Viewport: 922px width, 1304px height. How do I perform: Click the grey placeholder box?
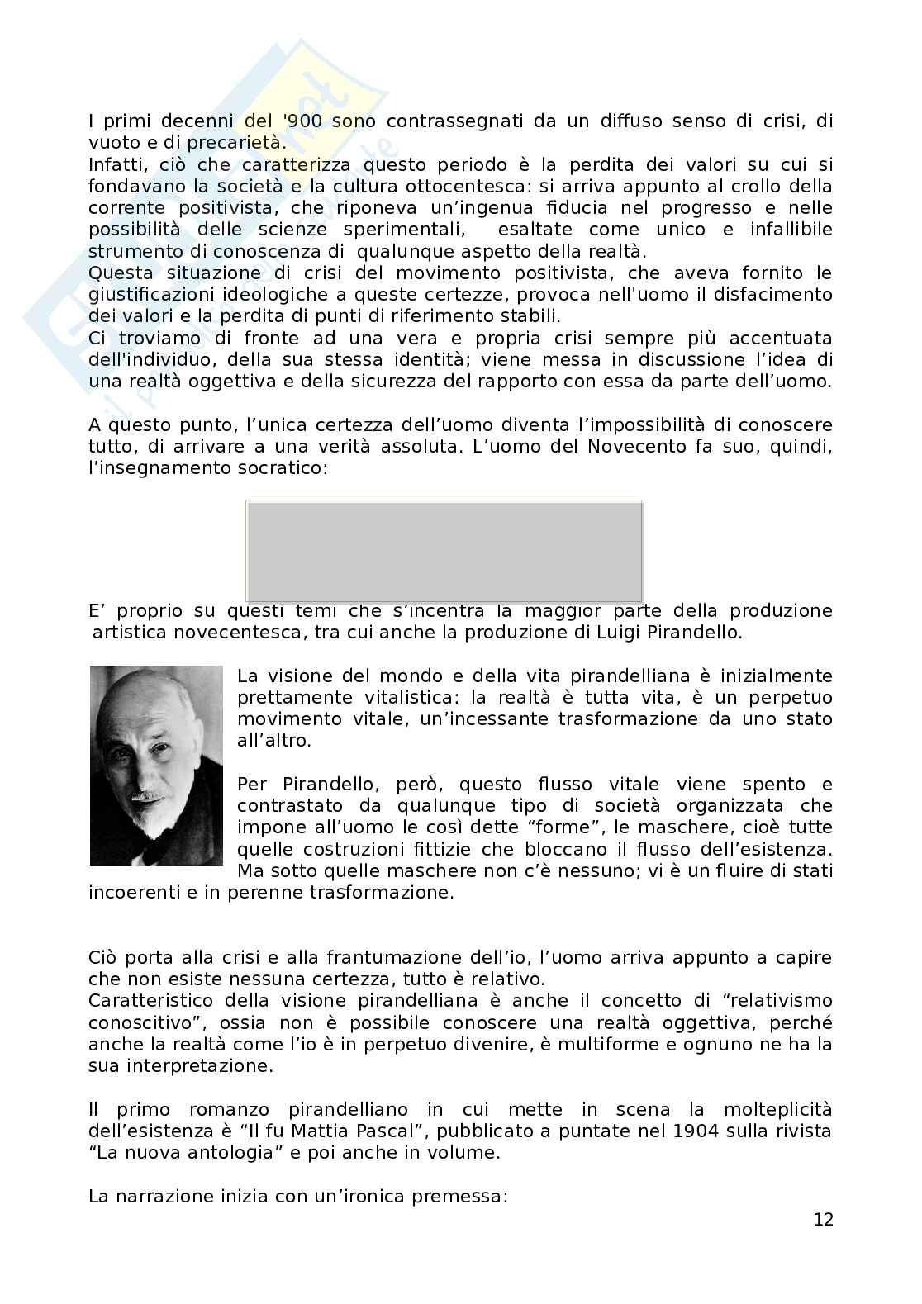click(x=444, y=551)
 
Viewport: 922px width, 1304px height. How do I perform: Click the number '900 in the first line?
click(x=307, y=121)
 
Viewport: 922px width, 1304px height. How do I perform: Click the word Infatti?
click(x=116, y=164)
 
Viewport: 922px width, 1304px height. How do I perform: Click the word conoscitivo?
click(x=135, y=1022)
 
